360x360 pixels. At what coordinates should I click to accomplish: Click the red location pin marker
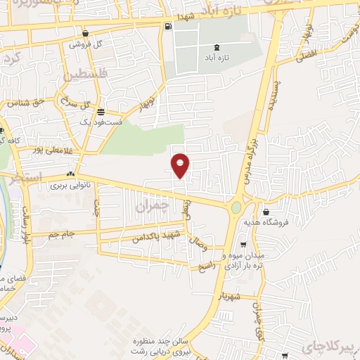[180, 165]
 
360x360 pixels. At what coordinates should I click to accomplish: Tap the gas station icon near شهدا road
[167, 27]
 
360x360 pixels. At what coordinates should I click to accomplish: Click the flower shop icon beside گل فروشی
[85, 32]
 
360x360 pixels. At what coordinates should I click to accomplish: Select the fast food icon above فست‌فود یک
[101, 111]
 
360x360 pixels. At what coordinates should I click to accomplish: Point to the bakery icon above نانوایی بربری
[70, 174]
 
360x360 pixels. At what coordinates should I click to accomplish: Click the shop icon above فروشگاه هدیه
[266, 211]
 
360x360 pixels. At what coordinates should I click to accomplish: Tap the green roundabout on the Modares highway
[236, 207]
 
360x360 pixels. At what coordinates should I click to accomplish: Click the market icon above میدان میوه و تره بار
[243, 245]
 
